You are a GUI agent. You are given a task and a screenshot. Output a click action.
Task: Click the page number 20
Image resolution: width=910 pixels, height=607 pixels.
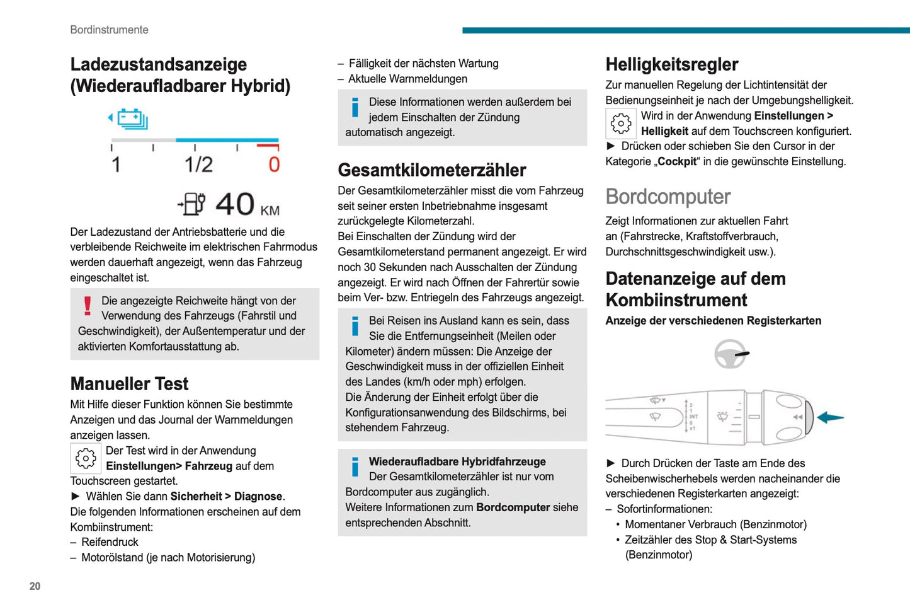pos(35,586)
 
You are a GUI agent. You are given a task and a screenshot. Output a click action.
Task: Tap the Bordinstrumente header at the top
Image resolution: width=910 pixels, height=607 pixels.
pos(109,30)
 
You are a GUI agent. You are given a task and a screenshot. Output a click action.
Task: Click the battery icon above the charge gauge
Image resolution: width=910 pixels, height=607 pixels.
pos(132,119)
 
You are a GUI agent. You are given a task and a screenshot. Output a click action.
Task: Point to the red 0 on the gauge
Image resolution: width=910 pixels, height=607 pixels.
pos(274,165)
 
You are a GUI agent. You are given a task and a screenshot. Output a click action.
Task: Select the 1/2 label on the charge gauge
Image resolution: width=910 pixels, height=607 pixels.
pos(198,165)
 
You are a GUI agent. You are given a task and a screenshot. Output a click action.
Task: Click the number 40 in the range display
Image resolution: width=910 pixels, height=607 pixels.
pos(235,204)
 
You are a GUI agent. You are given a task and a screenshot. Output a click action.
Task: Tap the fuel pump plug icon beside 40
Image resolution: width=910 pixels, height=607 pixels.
pos(193,204)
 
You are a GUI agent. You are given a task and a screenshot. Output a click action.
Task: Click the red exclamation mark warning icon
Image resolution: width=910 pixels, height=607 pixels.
pos(88,306)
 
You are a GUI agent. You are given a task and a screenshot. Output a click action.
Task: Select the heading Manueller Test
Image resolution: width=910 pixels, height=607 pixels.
pos(129,383)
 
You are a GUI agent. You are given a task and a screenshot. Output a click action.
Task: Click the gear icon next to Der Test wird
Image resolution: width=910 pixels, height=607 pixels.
pos(86,458)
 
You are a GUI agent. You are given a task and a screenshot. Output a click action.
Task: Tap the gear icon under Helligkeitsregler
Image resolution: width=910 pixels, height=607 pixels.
pos(621,124)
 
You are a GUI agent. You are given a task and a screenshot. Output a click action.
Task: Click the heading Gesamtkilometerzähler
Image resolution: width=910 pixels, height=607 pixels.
pos(431,170)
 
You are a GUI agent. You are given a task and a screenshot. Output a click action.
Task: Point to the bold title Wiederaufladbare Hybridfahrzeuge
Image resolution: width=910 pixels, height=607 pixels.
pos(457,461)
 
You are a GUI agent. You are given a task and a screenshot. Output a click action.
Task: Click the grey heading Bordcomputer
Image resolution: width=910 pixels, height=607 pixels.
pos(668,197)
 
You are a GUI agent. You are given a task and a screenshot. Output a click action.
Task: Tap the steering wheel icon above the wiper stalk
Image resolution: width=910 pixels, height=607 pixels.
pos(731,354)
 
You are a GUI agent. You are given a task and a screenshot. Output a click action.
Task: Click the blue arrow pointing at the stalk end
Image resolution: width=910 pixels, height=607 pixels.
pos(830,417)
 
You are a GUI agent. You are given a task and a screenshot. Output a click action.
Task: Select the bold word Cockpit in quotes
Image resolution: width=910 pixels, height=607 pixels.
pos(677,161)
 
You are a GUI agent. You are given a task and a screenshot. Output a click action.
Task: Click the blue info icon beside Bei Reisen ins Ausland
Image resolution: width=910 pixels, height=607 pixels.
pos(355,326)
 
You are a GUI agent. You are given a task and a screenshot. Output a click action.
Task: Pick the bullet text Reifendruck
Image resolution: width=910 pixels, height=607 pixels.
pos(110,542)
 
